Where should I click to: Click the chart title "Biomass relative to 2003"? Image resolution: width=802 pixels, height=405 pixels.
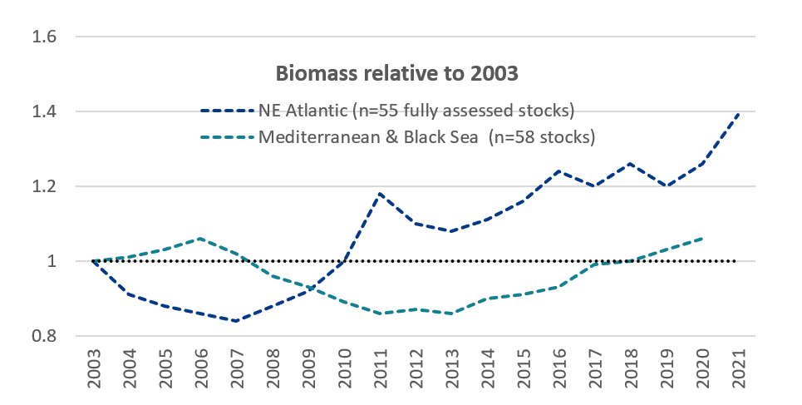pos(397,73)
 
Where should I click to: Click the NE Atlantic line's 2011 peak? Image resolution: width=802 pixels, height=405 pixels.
pos(380,194)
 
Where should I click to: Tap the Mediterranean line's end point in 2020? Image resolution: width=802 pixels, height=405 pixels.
pos(703,239)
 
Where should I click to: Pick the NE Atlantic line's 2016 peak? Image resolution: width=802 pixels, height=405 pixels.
pos(559,171)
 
